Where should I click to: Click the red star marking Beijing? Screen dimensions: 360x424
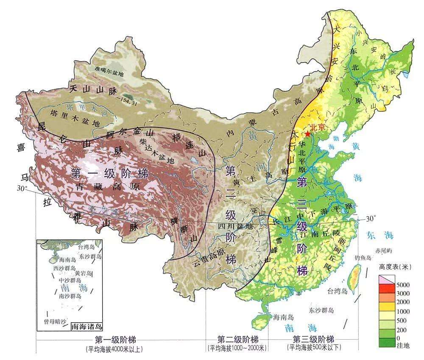point(307,134)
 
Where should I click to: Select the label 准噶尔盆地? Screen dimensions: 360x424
point(109,73)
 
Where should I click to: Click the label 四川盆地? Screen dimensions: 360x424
point(238,226)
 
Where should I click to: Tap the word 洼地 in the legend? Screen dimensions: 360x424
point(402,346)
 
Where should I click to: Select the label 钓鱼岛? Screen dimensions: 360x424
point(363,258)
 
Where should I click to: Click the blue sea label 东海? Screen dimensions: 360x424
point(379,235)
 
